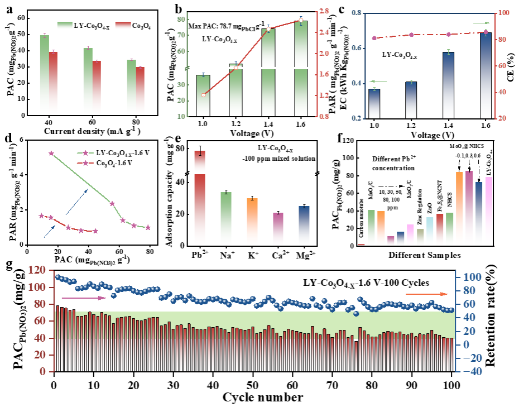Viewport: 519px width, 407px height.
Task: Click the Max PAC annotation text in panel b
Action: click(x=222, y=27)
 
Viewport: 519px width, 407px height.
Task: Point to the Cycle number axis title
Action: click(x=263, y=398)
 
